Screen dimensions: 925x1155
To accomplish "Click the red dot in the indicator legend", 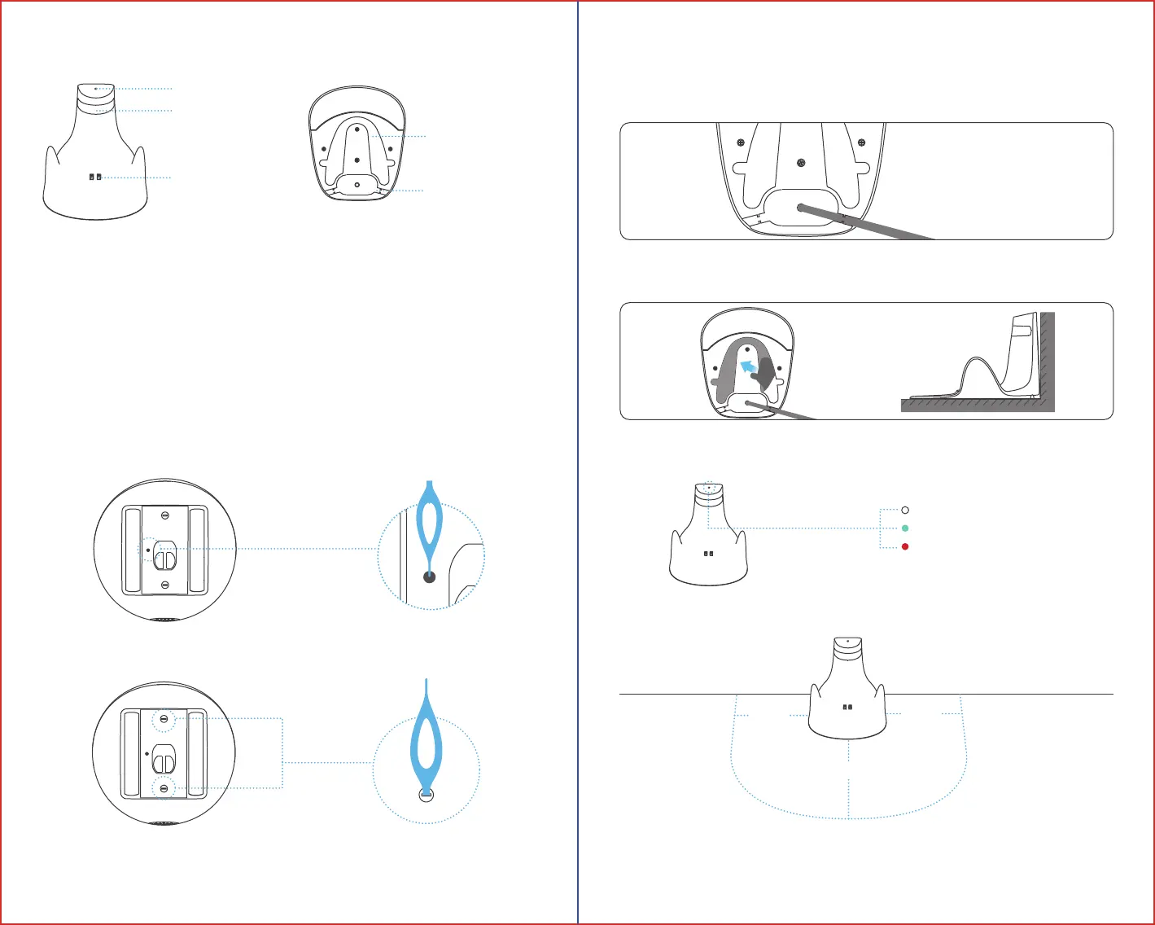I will [x=905, y=547].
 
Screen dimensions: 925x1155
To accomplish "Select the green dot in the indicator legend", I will [x=905, y=528].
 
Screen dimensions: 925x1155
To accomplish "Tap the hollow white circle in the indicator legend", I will [x=905, y=511].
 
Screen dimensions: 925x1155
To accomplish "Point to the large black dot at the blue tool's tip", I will [x=430, y=577].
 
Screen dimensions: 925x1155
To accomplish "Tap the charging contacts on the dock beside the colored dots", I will [x=708, y=554].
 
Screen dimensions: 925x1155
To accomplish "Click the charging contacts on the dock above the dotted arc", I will [x=847, y=708].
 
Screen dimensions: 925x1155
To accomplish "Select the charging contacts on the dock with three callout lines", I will [x=96, y=178].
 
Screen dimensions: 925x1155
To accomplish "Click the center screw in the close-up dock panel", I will [x=802, y=162].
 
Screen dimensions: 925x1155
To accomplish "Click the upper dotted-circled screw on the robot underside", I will [x=165, y=720].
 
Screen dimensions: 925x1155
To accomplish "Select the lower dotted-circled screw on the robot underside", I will [x=165, y=787].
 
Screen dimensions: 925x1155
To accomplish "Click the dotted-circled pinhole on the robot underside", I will [x=147, y=550].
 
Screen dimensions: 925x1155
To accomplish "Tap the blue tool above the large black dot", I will [x=429, y=521].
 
